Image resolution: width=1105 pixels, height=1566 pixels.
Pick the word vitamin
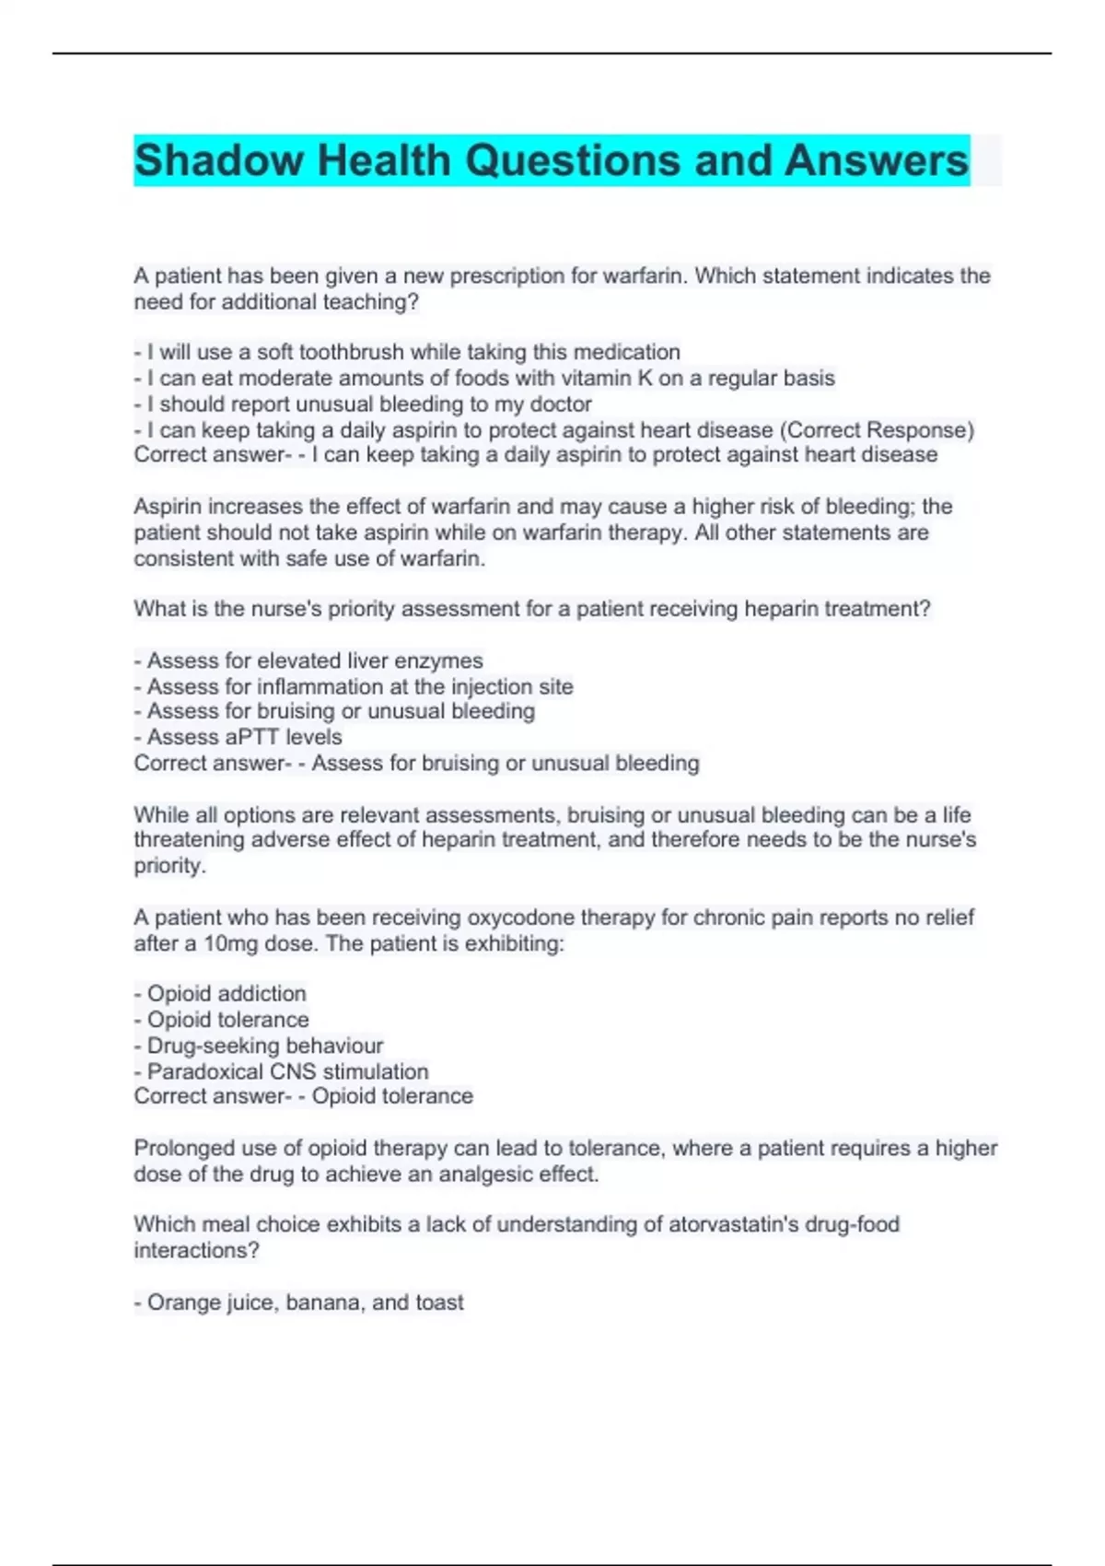pyautogui.click(x=599, y=378)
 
